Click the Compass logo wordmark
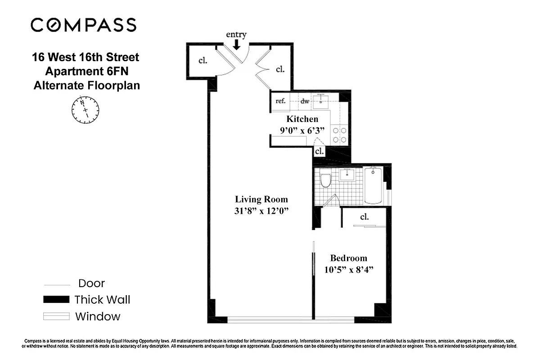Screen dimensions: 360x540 point(83,25)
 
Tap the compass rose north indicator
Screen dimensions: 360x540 point(85,109)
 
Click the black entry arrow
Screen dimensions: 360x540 point(236,44)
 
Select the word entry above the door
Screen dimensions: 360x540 point(236,35)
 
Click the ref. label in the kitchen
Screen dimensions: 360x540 point(280,101)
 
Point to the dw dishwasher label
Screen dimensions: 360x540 point(305,102)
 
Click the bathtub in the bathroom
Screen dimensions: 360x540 point(373,186)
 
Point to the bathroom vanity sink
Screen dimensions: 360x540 point(347,175)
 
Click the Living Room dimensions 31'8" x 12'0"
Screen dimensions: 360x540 point(261,211)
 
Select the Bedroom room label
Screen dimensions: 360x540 point(348,258)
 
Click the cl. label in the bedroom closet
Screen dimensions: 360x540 point(364,217)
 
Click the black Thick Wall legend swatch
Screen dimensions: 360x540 point(56,300)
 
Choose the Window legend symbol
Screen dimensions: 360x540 point(56,316)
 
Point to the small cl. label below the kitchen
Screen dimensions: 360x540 point(319,151)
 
